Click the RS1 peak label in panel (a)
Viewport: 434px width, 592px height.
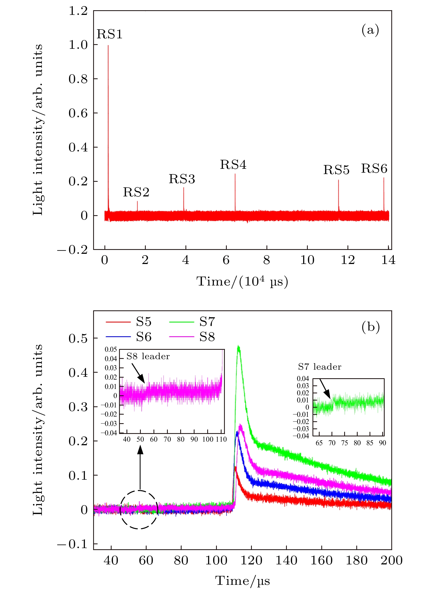(109, 34)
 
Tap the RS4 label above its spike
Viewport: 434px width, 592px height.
(233, 165)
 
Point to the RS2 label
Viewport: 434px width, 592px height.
(136, 192)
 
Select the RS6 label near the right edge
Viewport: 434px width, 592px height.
(374, 169)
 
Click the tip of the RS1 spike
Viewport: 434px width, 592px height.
(108, 46)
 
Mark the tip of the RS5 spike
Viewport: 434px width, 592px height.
(338, 180)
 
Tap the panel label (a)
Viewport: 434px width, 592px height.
(370, 30)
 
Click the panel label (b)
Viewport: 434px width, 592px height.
(370, 327)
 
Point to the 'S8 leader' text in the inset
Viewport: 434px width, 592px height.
(148, 356)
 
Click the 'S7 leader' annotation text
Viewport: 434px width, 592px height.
(319, 367)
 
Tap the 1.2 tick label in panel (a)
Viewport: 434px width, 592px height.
(78, 11)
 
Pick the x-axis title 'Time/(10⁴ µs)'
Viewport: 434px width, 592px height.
(242, 282)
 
